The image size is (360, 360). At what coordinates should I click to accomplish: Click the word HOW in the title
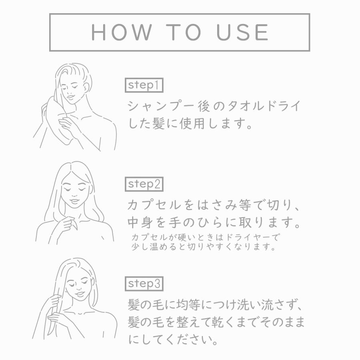[x=122, y=32]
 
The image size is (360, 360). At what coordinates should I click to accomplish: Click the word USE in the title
[x=243, y=32]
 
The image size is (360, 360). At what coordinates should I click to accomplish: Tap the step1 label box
[x=144, y=85]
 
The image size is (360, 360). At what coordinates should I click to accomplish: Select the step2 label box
[x=144, y=184]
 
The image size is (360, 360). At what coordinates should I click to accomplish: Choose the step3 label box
[x=144, y=284]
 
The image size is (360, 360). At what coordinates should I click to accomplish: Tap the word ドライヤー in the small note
[x=250, y=237]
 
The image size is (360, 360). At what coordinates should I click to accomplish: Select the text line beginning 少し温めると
[x=204, y=247]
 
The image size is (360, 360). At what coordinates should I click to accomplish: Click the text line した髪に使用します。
[x=190, y=123]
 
